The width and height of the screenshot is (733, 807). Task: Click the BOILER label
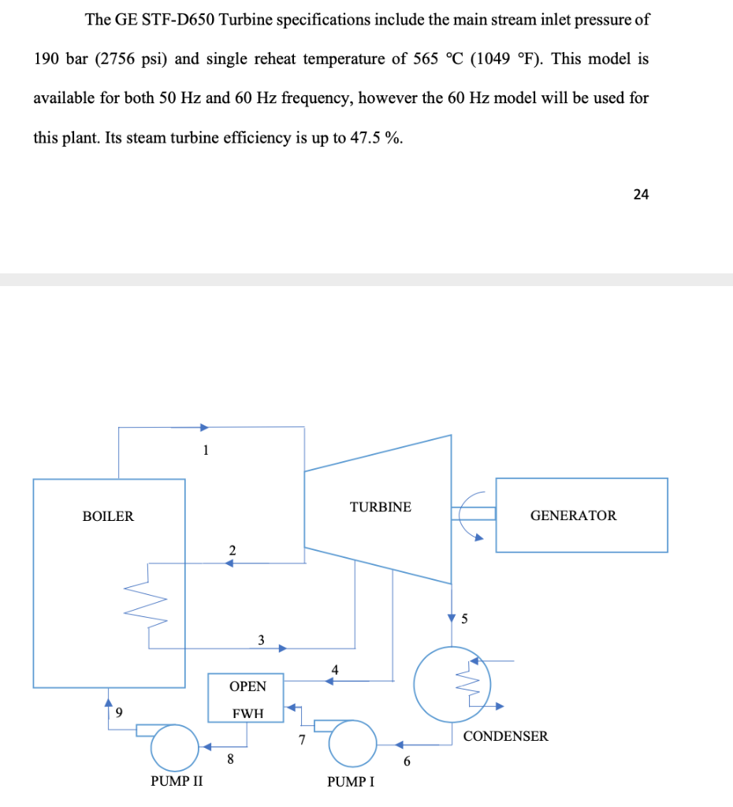[108, 516]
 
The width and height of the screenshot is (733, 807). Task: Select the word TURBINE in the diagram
[381, 507]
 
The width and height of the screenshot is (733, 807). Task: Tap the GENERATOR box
[581, 515]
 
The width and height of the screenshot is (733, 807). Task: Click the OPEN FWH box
[247, 697]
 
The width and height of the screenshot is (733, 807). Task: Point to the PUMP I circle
[352, 743]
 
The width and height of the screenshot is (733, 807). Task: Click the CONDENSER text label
[505, 736]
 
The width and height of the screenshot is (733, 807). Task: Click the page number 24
[641, 195]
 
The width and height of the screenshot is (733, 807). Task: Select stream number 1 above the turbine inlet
[206, 451]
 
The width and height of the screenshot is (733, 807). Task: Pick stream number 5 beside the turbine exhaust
[464, 619]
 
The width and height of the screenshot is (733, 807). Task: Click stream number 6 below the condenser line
[407, 761]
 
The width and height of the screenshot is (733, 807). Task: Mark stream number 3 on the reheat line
[262, 638]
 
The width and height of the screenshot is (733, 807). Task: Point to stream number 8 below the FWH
[230, 760]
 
